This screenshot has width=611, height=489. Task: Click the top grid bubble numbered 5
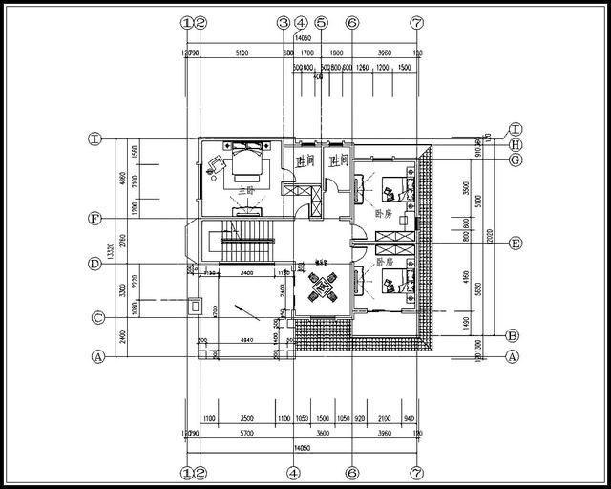pos(321,22)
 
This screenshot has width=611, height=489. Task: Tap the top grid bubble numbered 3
pos(283,22)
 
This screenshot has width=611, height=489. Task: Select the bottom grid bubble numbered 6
pos(351,472)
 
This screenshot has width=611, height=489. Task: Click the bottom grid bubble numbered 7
pos(416,472)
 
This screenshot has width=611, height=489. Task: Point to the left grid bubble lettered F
pos(95,219)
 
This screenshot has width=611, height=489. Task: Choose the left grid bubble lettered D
pos(95,264)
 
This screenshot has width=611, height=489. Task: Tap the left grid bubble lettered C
pos(96,318)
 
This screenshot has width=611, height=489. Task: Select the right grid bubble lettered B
pos(512,335)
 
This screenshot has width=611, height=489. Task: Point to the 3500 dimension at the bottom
pos(246,418)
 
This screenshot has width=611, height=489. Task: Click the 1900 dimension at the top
pos(336,53)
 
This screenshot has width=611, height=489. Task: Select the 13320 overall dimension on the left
pos(112,250)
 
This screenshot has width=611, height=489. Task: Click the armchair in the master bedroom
pos(214,163)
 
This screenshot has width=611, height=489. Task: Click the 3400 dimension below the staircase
pos(246,273)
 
